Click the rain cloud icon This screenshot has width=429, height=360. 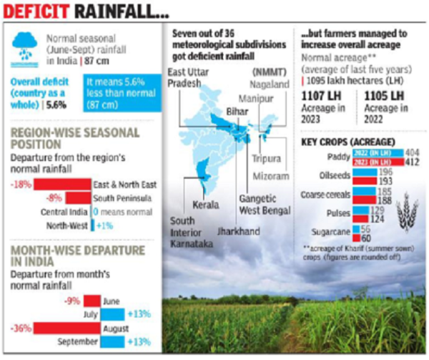point(24,45)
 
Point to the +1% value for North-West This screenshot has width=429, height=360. point(104,225)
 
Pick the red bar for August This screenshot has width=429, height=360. point(60,328)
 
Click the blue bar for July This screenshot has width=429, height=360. point(110,313)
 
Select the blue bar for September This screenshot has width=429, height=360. point(110,342)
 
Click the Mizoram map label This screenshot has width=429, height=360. point(275,176)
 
